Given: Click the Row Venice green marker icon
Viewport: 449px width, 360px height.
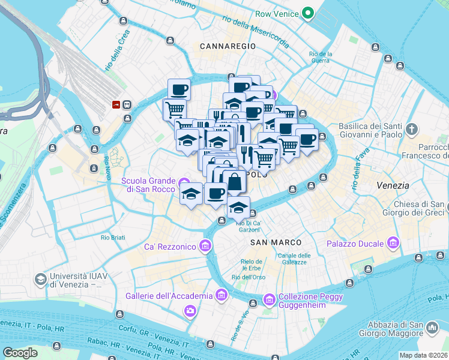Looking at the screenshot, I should click(x=308, y=12).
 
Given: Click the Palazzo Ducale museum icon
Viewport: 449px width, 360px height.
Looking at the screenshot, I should click(x=394, y=243).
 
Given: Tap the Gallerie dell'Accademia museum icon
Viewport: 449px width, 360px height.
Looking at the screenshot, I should click(x=221, y=295).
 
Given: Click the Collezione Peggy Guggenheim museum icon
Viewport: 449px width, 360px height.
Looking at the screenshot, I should click(x=270, y=299).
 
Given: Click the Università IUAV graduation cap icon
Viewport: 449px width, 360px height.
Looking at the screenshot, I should click(x=40, y=280).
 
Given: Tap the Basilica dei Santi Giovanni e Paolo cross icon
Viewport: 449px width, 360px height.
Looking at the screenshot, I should click(x=412, y=129).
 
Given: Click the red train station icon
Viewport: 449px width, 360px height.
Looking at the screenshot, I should click(x=116, y=104).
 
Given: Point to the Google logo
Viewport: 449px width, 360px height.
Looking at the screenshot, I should click(x=20, y=353).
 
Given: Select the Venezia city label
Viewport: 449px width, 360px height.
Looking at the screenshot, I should click(x=393, y=186).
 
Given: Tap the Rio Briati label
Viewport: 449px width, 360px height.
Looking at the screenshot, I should click(x=113, y=238).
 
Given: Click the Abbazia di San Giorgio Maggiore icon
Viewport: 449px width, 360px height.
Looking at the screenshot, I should click(x=432, y=328).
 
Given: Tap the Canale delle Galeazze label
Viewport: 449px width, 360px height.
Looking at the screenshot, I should click(x=294, y=259).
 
